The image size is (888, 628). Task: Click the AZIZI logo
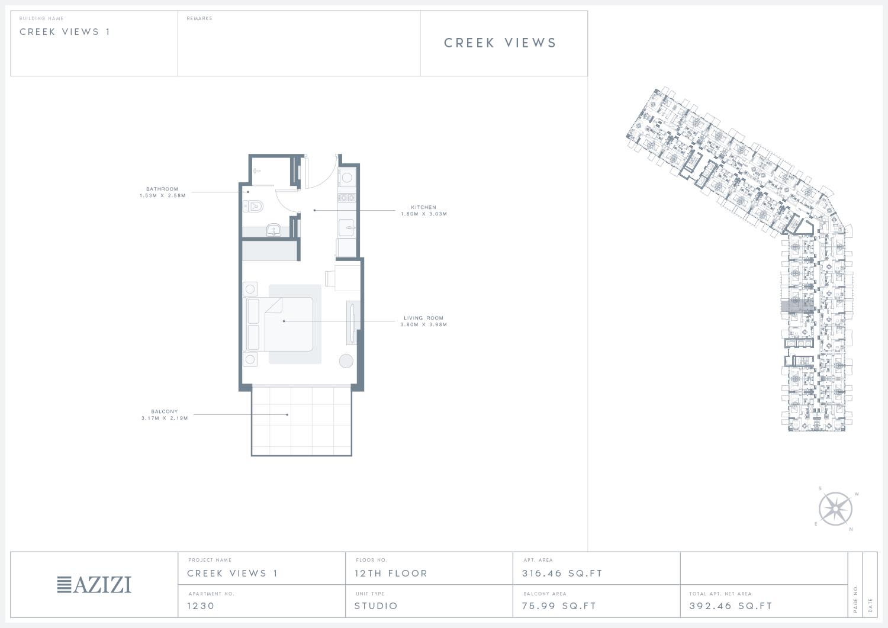(x=94, y=585)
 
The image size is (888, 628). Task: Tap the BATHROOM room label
(x=162, y=189)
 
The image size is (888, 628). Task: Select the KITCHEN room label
(x=423, y=207)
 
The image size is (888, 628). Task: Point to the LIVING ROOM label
(x=423, y=318)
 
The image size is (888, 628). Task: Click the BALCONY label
(x=165, y=411)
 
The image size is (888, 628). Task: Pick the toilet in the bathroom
(x=253, y=206)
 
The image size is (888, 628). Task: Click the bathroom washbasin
(x=274, y=230)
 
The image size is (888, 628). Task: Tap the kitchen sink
(x=346, y=227)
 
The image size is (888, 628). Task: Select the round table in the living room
(x=346, y=361)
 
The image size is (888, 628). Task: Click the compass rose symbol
(x=835, y=509)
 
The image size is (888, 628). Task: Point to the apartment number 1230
(x=201, y=606)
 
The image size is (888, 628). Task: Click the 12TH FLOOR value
(x=391, y=574)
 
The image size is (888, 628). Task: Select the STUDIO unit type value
(x=376, y=606)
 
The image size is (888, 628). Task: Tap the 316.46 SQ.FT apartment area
(x=562, y=574)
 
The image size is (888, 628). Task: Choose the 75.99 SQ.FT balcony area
(x=559, y=606)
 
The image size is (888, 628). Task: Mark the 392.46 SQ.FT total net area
(x=731, y=606)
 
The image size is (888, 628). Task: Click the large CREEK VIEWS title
(x=500, y=43)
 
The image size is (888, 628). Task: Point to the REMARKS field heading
(x=200, y=18)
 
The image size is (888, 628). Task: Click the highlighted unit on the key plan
(x=797, y=307)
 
